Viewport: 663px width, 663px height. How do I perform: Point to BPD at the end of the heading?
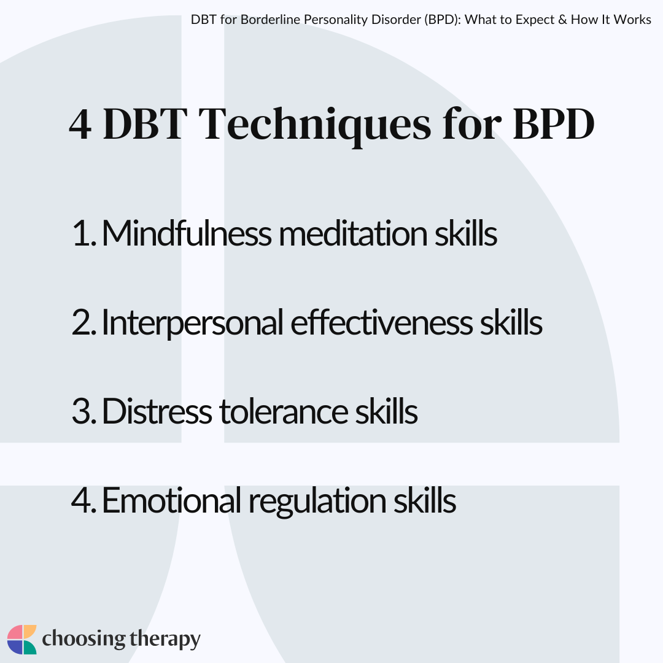click(x=554, y=124)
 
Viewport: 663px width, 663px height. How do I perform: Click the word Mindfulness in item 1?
click(x=187, y=233)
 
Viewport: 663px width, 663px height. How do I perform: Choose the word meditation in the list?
click(x=353, y=234)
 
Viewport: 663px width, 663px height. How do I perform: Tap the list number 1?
click(x=84, y=233)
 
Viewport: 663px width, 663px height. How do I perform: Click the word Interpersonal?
click(x=192, y=324)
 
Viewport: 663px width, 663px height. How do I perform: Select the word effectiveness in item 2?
click(x=381, y=322)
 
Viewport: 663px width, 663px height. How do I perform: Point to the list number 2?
click(x=84, y=322)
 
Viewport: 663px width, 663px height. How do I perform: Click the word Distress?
click(x=157, y=411)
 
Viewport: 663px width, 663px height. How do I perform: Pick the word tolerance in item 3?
click(x=283, y=411)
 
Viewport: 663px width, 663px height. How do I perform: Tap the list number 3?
click(x=84, y=411)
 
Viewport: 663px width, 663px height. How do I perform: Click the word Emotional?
click(x=171, y=500)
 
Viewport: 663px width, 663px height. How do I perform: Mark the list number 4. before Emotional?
click(x=83, y=500)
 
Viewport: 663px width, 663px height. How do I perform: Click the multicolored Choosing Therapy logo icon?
click(x=22, y=639)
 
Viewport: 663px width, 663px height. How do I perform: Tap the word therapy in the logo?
click(x=165, y=639)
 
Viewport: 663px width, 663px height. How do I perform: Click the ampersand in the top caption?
click(x=562, y=20)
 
